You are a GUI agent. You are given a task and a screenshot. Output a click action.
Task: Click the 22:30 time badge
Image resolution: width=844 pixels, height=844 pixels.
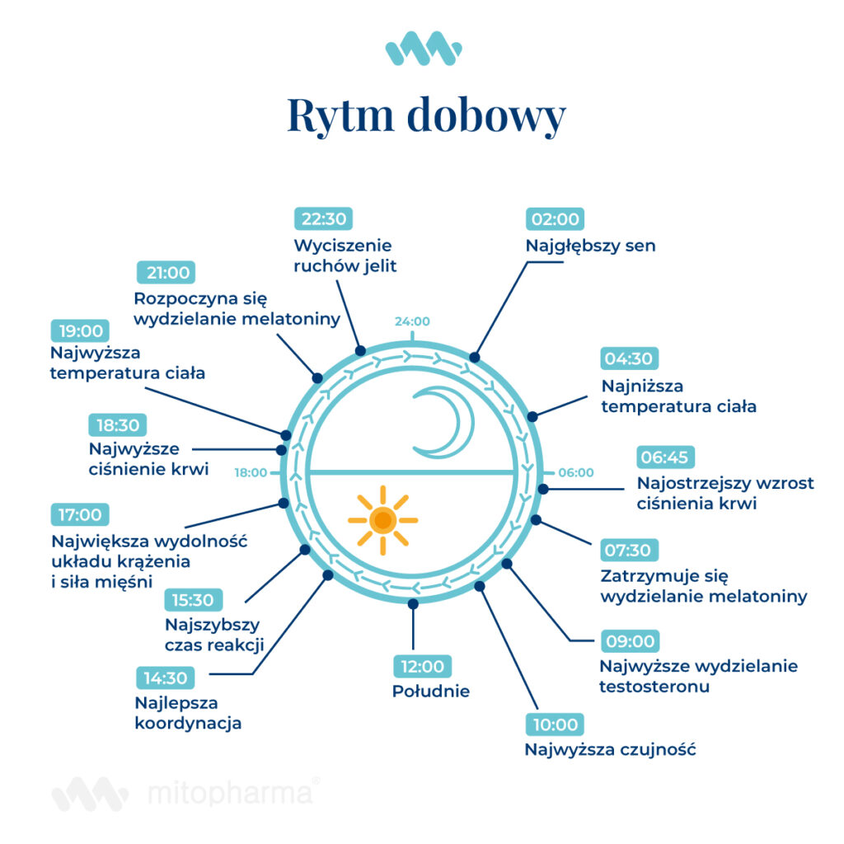[323, 219]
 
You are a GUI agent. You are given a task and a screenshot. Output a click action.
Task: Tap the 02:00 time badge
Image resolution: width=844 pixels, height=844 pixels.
[555, 219]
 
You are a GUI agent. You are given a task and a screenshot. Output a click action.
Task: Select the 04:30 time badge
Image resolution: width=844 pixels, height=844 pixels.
[630, 359]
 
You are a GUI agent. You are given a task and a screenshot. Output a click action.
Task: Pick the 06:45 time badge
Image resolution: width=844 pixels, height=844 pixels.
[667, 457]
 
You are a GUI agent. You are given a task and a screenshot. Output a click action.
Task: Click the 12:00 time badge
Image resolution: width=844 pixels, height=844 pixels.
[422, 665]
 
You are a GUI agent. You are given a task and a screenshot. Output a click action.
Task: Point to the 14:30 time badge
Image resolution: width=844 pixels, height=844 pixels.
[166, 678]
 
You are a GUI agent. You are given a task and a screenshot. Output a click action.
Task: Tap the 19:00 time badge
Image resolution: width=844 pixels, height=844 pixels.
[80, 331]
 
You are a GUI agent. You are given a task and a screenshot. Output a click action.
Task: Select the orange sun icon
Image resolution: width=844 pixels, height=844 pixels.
[382, 520]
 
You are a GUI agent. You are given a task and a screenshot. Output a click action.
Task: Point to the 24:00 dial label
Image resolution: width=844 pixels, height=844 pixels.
[411, 321]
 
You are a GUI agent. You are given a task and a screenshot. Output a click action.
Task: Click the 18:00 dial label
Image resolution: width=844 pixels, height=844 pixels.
[251, 473]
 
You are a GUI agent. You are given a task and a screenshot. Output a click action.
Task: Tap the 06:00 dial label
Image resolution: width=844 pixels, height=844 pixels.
[575, 473]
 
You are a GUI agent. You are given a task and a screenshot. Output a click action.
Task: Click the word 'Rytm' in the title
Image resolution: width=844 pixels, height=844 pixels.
[340, 115]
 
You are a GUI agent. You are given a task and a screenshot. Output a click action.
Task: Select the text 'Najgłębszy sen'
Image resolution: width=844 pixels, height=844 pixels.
[590, 246]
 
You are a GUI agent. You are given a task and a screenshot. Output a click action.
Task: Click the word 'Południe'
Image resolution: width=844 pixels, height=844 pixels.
[430, 691]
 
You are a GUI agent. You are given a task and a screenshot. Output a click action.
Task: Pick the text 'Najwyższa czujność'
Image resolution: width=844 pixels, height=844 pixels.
[610, 750]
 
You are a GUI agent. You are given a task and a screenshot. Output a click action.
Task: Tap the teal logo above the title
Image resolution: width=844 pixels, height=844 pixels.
[423, 49]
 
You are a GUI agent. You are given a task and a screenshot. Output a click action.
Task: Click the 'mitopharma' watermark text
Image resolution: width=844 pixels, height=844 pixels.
[231, 793]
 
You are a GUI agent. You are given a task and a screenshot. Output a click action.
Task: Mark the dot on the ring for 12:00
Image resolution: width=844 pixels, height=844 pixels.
[413, 604]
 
